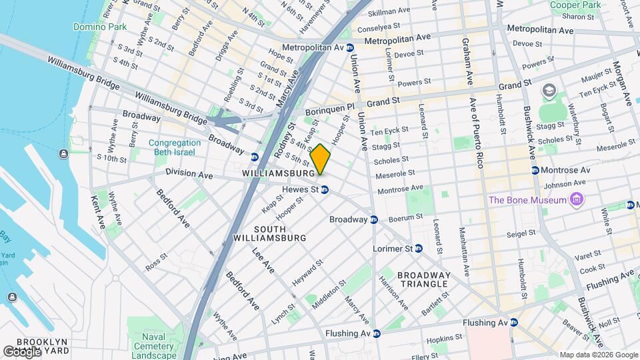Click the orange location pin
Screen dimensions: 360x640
320,159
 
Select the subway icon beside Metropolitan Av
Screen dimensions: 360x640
350,48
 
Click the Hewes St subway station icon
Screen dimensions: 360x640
325,190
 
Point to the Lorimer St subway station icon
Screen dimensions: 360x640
418,249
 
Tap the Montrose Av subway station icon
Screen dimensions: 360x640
535,171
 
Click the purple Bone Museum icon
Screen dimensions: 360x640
577,200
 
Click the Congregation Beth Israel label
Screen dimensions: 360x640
174,147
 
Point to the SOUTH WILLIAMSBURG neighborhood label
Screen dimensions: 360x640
269,233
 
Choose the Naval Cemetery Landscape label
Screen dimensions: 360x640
153,346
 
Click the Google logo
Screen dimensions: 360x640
21,351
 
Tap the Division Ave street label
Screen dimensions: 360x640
189,175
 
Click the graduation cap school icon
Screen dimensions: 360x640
549,91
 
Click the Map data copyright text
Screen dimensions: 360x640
598,355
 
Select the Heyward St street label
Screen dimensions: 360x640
308,273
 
